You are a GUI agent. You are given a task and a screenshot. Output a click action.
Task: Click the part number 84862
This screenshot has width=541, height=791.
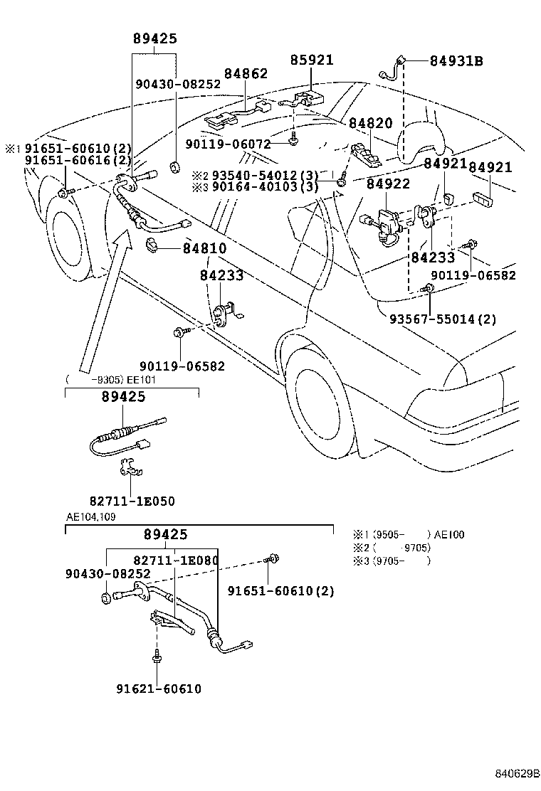(246, 73)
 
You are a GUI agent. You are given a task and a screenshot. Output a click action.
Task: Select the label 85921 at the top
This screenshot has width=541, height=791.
(311, 60)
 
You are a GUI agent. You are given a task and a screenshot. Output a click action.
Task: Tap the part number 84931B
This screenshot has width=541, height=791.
(456, 61)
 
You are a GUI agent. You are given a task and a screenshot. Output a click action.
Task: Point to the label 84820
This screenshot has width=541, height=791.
(370, 123)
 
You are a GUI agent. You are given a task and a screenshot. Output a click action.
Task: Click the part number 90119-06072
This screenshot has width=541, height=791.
(228, 144)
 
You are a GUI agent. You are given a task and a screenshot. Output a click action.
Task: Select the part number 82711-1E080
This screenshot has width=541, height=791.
(176, 561)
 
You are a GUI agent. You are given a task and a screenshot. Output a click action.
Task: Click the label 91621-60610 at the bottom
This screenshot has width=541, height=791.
(158, 689)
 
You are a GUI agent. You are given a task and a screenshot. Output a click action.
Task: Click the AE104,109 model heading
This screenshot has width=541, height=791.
(90, 516)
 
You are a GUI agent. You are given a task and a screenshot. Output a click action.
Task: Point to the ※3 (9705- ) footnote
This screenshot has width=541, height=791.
(391, 561)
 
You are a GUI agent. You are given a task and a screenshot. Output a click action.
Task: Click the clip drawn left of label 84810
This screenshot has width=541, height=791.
(152, 246)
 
